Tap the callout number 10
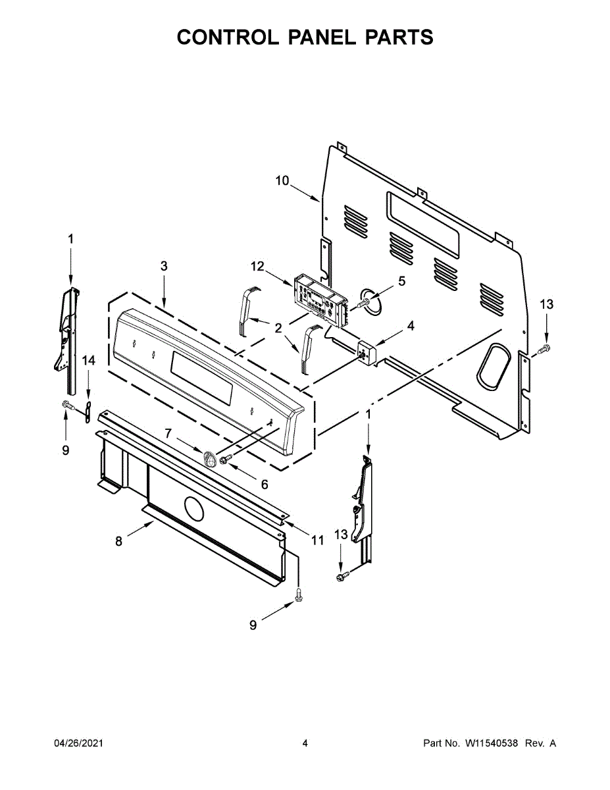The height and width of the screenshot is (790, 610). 282,180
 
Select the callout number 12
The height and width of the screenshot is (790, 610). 257,266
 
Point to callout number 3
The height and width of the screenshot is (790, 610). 164,266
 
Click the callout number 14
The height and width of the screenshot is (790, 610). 88,360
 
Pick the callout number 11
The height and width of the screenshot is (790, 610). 318,540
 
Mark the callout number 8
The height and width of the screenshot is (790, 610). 118,541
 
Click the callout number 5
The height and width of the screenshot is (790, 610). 401,280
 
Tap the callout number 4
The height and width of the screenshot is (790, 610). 410,325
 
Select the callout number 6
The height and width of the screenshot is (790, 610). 265,485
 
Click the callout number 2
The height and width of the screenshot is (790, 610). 278,327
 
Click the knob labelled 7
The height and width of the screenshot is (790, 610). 211,458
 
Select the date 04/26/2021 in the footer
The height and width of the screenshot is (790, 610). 78,743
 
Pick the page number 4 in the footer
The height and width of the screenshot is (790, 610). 305,743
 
